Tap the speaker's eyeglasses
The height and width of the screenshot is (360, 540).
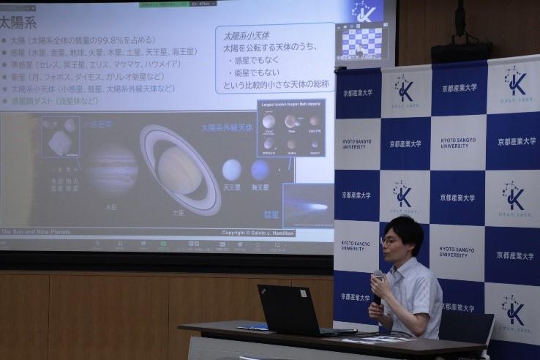coord(389,241)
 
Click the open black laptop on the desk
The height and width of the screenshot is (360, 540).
coord(290,310)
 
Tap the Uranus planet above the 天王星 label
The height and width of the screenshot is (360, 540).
coord(231,170)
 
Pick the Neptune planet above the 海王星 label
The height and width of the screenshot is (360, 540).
coord(260,170)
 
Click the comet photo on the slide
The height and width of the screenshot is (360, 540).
coord(307,206)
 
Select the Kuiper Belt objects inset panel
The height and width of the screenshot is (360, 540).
coord(290,128)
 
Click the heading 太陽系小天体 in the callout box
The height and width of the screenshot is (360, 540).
coord(247,34)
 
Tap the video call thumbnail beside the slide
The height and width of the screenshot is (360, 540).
coord(361,42)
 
